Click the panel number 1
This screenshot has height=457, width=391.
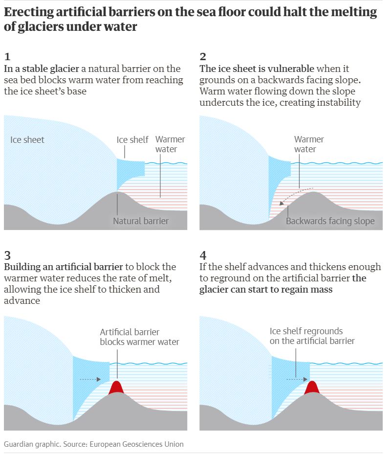coord(7,57)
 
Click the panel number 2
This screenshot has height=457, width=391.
coord(203,57)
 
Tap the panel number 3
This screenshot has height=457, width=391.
coord(7,255)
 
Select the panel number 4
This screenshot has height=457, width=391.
coord(203,255)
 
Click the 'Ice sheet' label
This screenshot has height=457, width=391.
coord(27,140)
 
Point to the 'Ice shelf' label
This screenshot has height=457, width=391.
coord(132,140)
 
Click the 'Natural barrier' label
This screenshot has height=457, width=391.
coord(141,221)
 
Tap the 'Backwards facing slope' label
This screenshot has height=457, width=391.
coord(330,221)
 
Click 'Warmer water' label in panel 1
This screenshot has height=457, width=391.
coord(170,144)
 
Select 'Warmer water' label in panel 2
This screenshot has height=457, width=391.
coord(309,144)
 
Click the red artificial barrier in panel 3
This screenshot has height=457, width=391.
coord(117,388)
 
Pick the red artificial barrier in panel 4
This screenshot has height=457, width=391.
coord(312,388)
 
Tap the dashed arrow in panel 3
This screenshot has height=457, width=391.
coord(90,379)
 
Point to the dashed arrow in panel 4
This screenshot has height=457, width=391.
coord(297,379)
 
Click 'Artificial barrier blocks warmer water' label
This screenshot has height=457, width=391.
coord(139,337)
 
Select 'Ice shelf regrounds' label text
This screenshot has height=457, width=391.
coord(306,331)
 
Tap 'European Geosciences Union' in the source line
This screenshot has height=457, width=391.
coord(136,444)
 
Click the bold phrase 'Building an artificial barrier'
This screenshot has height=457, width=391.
coord(64,267)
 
